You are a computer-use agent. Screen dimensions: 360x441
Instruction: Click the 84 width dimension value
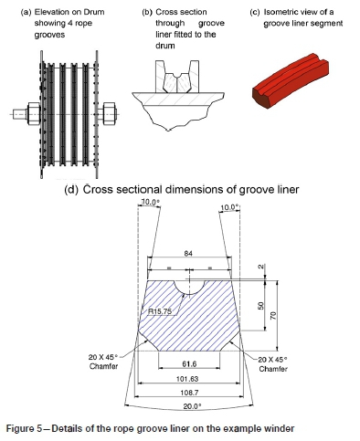tap(188, 253)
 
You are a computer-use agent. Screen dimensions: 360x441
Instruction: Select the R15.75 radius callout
tap(160, 311)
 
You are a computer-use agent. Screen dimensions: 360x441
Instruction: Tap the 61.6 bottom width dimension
tap(189, 363)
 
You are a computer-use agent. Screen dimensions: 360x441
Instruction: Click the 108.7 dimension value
tap(189, 393)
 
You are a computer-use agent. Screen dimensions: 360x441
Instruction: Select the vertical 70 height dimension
tap(273, 316)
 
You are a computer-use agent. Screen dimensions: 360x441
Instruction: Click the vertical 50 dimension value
tap(260, 306)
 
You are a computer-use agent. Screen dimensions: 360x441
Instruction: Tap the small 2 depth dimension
tap(260, 267)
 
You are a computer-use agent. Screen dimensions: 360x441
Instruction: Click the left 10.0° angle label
tap(151, 202)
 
